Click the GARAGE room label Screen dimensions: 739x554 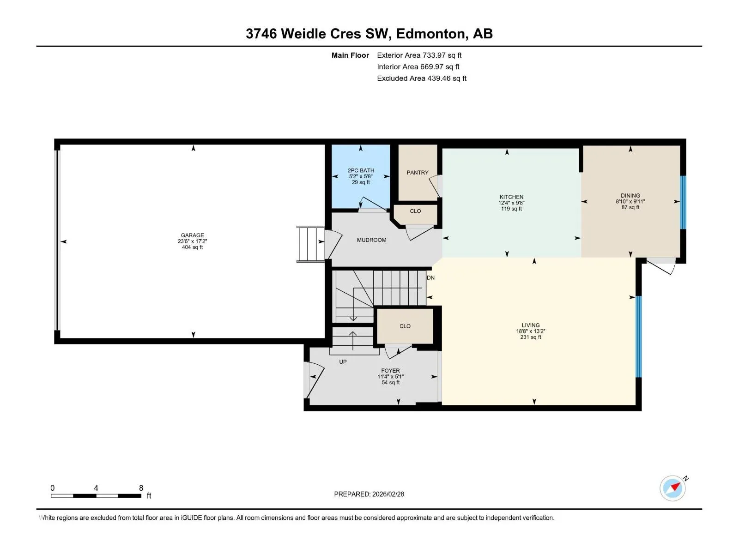(x=192, y=235)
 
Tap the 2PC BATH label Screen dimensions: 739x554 (x=361, y=170)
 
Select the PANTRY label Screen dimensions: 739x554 (x=418, y=173)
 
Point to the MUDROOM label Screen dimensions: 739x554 (x=372, y=240)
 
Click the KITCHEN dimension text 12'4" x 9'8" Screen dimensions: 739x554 (x=511, y=203)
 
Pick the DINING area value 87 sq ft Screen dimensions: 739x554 (x=630, y=207)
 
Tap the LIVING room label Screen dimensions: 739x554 (x=531, y=325)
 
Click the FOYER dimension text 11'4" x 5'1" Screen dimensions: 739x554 (x=391, y=376)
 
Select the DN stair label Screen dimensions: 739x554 (x=430, y=277)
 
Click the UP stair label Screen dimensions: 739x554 (x=343, y=361)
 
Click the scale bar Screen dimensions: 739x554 (x=96, y=496)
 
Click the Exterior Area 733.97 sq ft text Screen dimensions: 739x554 (x=419, y=55)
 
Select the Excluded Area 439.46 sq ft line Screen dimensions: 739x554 (x=422, y=78)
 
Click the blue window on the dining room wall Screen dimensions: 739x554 (x=683, y=202)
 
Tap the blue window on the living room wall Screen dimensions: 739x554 (x=639, y=337)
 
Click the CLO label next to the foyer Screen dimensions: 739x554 (x=405, y=326)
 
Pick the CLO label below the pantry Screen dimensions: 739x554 (x=415, y=211)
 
